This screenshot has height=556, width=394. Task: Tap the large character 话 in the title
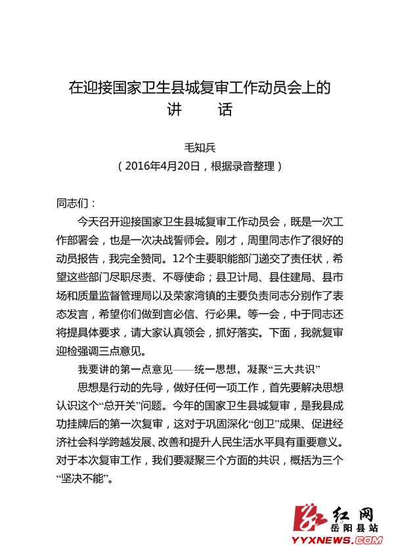(x=225, y=109)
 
